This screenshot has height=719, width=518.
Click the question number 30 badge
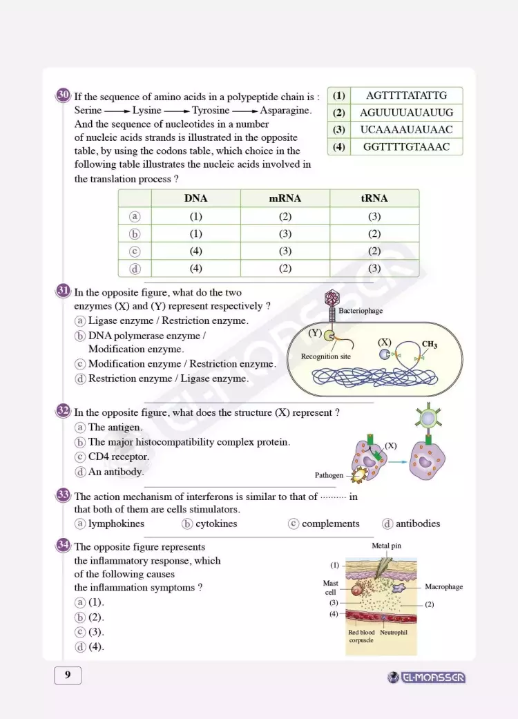point(63,95)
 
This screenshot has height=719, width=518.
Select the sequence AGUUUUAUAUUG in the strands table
point(406,113)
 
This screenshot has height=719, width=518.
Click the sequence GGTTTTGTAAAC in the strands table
point(406,146)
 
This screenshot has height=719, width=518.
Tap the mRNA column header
point(285,198)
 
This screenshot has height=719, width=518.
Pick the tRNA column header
point(374,198)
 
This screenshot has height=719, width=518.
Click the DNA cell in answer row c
point(195,251)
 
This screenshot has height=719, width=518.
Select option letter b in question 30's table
point(135,233)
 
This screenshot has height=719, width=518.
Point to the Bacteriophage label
point(361,311)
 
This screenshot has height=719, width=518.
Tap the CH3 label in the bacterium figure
point(429,345)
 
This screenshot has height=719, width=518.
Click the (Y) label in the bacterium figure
point(315,333)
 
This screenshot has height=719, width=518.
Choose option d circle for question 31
point(80,378)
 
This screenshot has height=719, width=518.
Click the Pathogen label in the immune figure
point(329,475)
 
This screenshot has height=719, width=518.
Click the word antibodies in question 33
point(417,524)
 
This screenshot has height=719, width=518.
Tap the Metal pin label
point(386,546)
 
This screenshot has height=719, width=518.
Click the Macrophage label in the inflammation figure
point(443,587)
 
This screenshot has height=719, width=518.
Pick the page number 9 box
point(68,675)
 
